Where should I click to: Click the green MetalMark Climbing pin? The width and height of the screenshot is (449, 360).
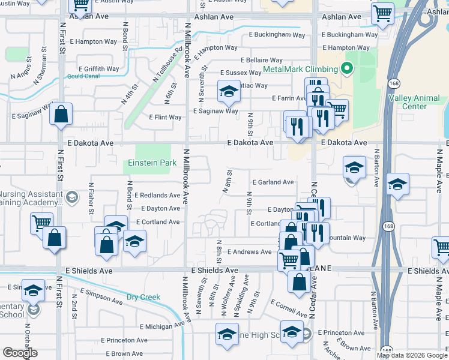pyautogui.click(x=346, y=69)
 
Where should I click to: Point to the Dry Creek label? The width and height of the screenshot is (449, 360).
pyautogui.click(x=143, y=296)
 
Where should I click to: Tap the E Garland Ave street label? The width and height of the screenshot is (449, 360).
pyautogui.click(x=273, y=182)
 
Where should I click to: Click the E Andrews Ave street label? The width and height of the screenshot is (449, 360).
pyautogui.click(x=249, y=252)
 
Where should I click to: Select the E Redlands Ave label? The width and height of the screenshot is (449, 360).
pyautogui.click(x=157, y=196)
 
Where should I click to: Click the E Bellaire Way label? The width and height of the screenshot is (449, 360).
pyautogui.click(x=262, y=60)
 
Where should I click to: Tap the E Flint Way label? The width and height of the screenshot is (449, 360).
pyautogui.click(x=165, y=117)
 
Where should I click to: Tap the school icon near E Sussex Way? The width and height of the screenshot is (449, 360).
pyautogui.click(x=228, y=92)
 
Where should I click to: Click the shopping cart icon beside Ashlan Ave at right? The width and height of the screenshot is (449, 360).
pyautogui.click(x=382, y=13)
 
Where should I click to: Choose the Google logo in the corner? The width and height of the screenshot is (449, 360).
pyautogui.click(x=20, y=353)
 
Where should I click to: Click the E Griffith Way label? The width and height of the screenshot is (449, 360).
pyautogui.click(x=98, y=69)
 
